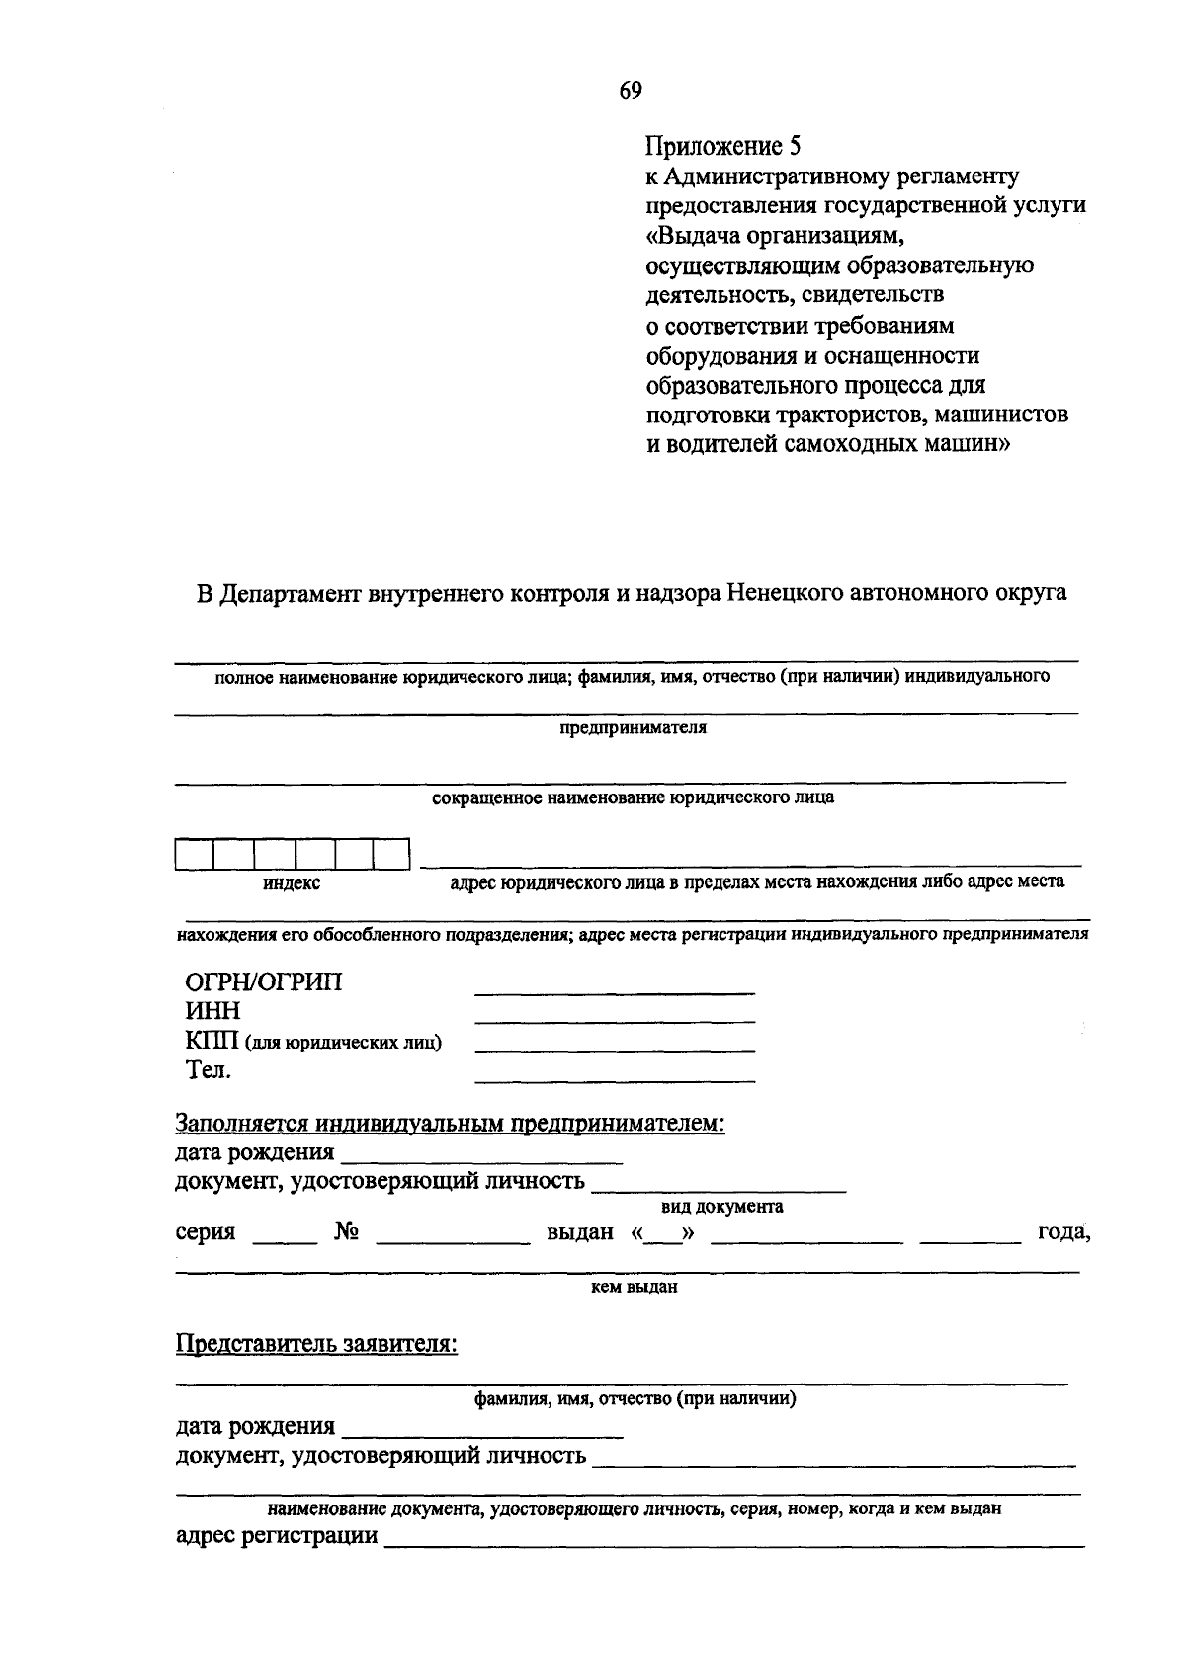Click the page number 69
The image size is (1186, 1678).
(x=631, y=91)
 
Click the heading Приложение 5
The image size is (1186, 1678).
(x=721, y=147)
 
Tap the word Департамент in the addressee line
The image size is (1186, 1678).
(x=289, y=594)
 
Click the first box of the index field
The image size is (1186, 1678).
(x=195, y=854)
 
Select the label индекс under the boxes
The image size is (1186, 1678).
(x=292, y=883)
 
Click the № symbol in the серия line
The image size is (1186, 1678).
(x=346, y=1232)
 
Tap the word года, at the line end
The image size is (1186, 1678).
(x=1062, y=1232)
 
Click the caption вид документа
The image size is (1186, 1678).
(x=721, y=1206)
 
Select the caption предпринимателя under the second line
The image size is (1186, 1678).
(x=634, y=728)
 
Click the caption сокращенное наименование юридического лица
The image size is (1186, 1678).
(x=634, y=797)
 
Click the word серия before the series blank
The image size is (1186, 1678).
(x=206, y=1232)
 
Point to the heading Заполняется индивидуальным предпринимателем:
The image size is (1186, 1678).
(x=451, y=1124)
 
